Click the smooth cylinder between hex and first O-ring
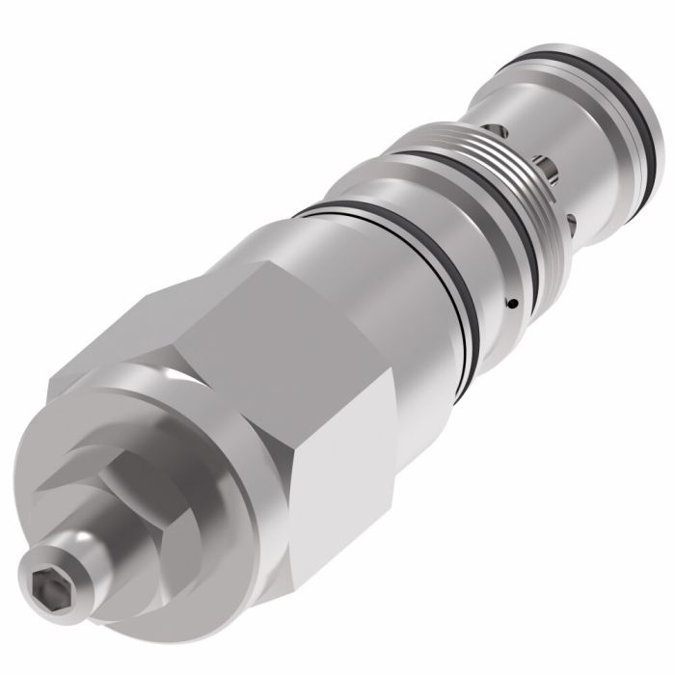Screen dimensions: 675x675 [376, 270]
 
